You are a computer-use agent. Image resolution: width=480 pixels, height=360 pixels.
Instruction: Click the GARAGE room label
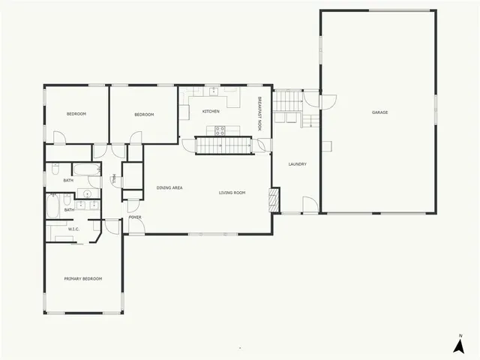tap(379, 112)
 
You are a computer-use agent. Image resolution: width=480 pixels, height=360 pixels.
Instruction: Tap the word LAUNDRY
tap(298, 164)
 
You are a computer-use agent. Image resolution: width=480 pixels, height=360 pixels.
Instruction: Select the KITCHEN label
tap(211, 112)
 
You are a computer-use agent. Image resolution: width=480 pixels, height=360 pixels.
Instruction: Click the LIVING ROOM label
tap(232, 193)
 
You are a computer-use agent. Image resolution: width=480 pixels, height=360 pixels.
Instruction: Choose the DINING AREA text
tap(169, 187)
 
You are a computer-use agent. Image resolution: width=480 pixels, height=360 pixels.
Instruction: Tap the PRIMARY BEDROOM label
tap(83, 278)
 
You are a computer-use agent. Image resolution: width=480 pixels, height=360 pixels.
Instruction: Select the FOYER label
tap(135, 217)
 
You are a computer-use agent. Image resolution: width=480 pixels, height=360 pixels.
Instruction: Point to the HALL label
tap(113, 179)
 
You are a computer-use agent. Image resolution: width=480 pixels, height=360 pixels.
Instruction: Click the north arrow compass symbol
tap(458, 344)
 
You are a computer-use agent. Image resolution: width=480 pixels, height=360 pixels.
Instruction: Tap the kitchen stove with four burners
tap(220, 130)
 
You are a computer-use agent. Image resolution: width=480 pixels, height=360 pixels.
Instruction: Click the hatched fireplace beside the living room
tap(274, 198)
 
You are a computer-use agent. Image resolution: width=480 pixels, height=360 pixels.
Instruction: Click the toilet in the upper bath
tap(55, 167)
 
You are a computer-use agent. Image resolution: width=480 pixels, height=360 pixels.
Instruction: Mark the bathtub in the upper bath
tap(86, 169)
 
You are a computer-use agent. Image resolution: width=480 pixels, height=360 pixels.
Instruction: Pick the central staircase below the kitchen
tap(221, 145)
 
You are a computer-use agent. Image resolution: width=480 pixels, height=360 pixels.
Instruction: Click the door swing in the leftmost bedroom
tap(60, 138)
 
